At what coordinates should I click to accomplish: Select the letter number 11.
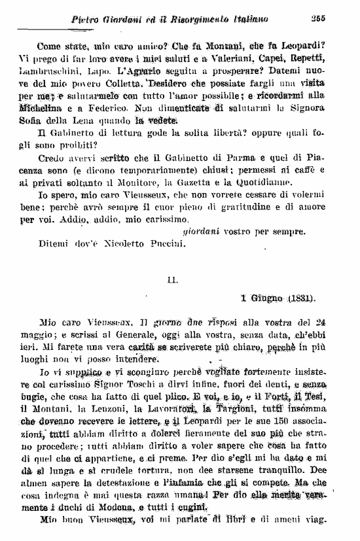(x=173, y=280)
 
